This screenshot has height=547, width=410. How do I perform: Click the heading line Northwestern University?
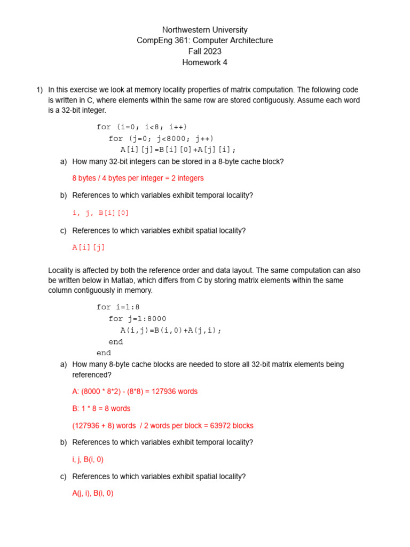(205, 30)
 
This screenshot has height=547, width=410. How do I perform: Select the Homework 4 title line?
(205, 62)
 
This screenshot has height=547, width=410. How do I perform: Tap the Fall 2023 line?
(205, 52)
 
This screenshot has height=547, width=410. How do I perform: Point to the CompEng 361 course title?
(205, 41)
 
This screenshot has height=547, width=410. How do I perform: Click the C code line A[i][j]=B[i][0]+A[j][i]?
(178, 150)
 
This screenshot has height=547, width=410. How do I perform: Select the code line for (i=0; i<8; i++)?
(142, 127)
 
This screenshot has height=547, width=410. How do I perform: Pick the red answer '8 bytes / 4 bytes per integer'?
(138, 178)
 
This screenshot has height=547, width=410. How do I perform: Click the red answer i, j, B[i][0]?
(100, 213)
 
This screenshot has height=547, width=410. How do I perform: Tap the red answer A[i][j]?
(89, 247)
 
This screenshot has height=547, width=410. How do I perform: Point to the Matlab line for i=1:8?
(118, 307)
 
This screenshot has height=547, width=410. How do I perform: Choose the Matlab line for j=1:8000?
(138, 319)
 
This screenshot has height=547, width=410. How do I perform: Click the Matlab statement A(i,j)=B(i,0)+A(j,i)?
(171, 330)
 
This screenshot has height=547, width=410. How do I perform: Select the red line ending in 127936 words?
(135, 392)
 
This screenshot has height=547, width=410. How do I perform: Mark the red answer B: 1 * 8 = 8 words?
(101, 409)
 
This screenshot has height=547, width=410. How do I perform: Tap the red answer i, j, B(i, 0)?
(88, 459)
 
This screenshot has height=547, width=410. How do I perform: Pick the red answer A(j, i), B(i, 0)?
(93, 494)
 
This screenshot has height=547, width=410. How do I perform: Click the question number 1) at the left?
(39, 90)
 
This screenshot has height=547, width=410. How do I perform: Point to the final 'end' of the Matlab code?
(104, 353)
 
